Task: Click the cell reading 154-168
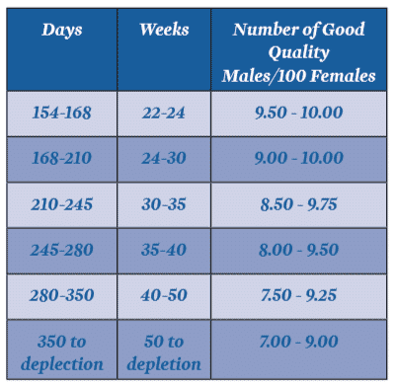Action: click(61, 114)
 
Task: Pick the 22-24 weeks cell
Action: click(164, 114)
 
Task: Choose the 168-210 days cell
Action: click(61, 159)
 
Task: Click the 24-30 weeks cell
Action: click(164, 159)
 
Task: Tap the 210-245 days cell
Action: click(61, 204)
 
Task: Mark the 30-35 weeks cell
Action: click(164, 204)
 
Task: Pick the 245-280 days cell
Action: click(61, 250)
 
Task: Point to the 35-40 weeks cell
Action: click(164, 250)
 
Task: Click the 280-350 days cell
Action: click(61, 295)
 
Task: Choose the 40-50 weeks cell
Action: click(164, 295)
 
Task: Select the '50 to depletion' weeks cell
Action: click(164, 351)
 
